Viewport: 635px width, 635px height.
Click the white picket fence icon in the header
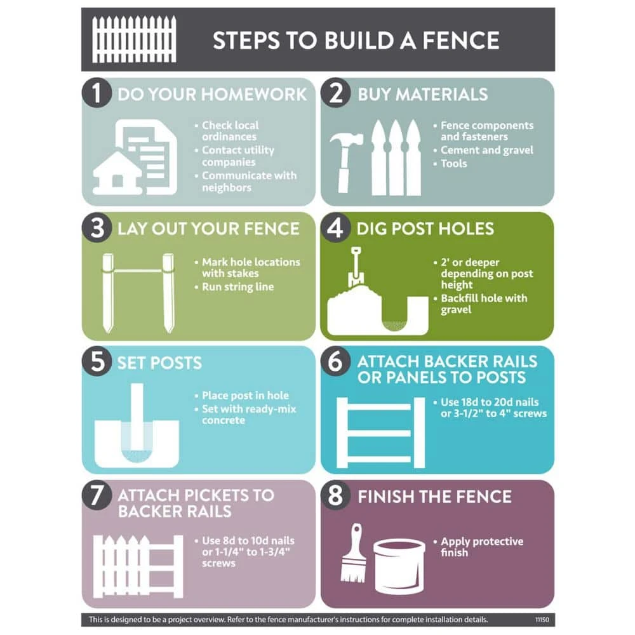pos(134,39)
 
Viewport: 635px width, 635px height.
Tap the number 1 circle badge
pos(97,94)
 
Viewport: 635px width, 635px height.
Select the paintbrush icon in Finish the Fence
pos(353,552)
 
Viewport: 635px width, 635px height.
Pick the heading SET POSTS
pos(159,363)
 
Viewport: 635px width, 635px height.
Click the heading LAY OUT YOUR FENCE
pos(208,229)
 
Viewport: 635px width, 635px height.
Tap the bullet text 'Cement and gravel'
pos(487,150)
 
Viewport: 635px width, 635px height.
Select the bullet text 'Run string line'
pos(237,287)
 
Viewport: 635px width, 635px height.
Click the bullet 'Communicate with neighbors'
pos(248,181)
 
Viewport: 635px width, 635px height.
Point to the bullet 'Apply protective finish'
pos(481,547)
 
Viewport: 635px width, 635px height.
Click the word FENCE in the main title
pos(460,40)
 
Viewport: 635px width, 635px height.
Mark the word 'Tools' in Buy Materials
pos(453,163)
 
